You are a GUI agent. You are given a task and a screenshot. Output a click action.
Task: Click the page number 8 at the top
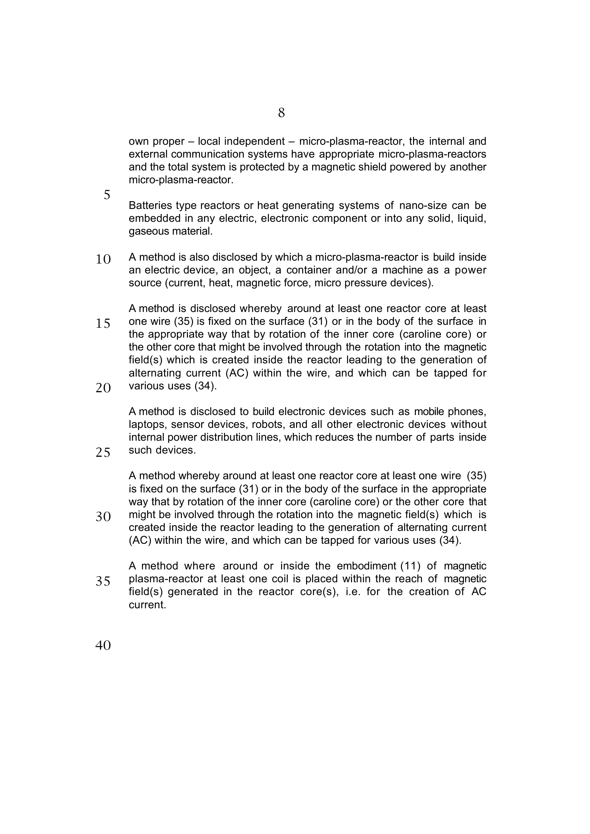(x=281, y=113)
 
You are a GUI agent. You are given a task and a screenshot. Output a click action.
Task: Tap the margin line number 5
(x=107, y=195)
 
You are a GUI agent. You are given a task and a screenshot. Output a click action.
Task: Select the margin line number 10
(x=103, y=259)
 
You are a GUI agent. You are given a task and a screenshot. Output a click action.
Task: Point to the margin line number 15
(x=103, y=324)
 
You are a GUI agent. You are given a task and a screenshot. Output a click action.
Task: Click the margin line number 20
(x=103, y=388)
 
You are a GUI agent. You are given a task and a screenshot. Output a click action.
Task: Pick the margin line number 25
(x=103, y=452)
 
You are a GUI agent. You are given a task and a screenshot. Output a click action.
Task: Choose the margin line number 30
(x=103, y=517)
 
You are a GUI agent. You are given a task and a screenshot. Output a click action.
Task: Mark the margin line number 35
(x=103, y=581)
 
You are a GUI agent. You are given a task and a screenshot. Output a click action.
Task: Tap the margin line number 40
(x=103, y=645)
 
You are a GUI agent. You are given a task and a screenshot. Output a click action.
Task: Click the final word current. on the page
(x=147, y=605)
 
